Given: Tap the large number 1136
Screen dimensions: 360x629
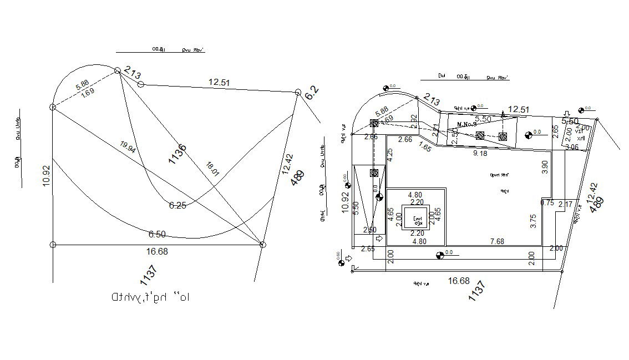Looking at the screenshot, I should [x=178, y=154].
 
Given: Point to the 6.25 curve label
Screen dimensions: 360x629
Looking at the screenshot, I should [x=177, y=205].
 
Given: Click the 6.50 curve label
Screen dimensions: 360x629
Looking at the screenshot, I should [x=157, y=234].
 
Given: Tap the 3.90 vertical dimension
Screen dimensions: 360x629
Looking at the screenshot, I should [x=544, y=166].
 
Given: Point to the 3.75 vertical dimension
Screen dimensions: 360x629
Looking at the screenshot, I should [x=533, y=222].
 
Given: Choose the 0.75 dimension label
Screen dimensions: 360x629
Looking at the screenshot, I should [x=547, y=203].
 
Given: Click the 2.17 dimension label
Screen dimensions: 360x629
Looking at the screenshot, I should [x=566, y=205].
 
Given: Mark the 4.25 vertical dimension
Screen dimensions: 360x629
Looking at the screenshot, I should [x=390, y=155].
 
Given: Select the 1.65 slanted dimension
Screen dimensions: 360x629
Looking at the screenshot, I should [x=425, y=148].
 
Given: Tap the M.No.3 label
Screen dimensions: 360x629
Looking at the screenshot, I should [x=467, y=124].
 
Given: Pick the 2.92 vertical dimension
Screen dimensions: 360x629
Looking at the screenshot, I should [x=414, y=120].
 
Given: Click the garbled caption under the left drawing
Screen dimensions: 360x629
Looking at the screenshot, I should [x=151, y=297].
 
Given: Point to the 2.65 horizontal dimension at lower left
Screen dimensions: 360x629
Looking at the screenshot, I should [x=367, y=249].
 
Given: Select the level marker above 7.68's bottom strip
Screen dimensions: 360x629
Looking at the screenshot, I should [x=440, y=255].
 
